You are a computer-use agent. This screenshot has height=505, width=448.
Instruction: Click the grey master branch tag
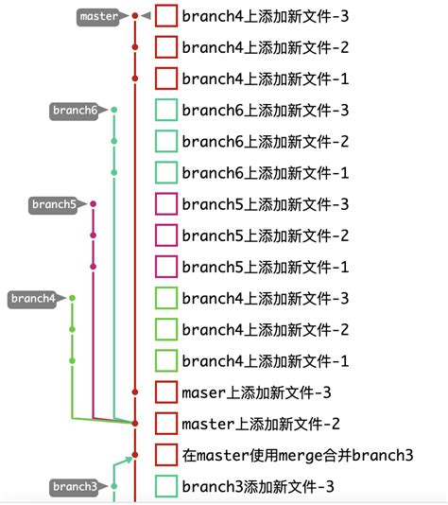coord(99,16)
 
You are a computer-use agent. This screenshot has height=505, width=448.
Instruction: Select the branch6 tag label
coord(74,111)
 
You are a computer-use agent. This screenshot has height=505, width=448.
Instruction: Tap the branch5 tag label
coord(53,204)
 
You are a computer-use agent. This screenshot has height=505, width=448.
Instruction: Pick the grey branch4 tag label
coord(33,299)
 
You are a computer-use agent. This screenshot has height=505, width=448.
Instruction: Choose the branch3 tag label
coord(74,487)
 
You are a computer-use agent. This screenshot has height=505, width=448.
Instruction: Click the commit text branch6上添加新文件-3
coord(265,111)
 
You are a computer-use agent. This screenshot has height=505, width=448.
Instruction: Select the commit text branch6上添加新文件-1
coord(265,173)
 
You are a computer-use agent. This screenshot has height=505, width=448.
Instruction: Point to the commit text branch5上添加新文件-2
coord(265,235)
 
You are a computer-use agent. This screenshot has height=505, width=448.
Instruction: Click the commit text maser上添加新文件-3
coord(255,392)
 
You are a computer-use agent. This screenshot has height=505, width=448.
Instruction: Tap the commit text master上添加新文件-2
coord(260,423)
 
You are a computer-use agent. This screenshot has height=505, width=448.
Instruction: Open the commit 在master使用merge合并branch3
coord(297,455)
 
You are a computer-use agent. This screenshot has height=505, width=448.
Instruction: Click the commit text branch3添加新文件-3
coord(257,486)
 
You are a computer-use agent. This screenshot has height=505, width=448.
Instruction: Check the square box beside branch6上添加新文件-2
coord(166,142)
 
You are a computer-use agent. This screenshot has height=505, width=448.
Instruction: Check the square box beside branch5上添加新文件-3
coord(166,204)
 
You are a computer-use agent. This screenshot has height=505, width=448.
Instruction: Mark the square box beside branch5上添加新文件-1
coord(166,267)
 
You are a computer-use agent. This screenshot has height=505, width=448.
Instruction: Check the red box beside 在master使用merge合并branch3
coord(166,455)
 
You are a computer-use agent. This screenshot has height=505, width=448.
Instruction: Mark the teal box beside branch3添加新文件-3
coord(166,486)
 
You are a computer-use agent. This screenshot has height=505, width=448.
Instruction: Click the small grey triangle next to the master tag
coord(146,16)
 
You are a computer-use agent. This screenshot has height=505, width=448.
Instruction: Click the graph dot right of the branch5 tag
coord(93,204)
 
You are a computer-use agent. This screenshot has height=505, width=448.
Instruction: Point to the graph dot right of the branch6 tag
coord(114,111)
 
